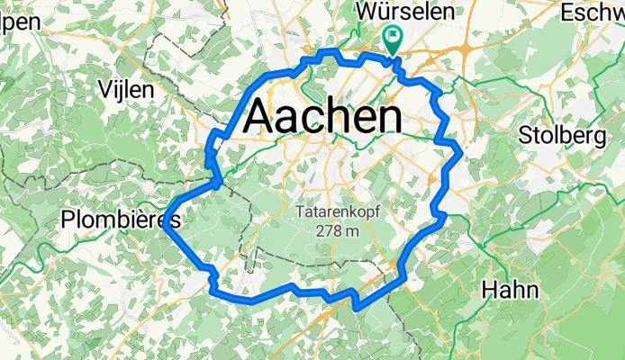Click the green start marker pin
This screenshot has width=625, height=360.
pyautogui.click(x=394, y=39)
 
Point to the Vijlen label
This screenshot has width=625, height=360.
pyautogui.click(x=127, y=90)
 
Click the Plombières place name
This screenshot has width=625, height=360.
pyautogui.click(x=120, y=220)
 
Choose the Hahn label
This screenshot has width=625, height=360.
pyautogui.click(x=511, y=290)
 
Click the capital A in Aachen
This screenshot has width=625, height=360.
pyautogui.click(x=259, y=116)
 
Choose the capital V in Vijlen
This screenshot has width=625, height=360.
pyautogui.click(x=103, y=90)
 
